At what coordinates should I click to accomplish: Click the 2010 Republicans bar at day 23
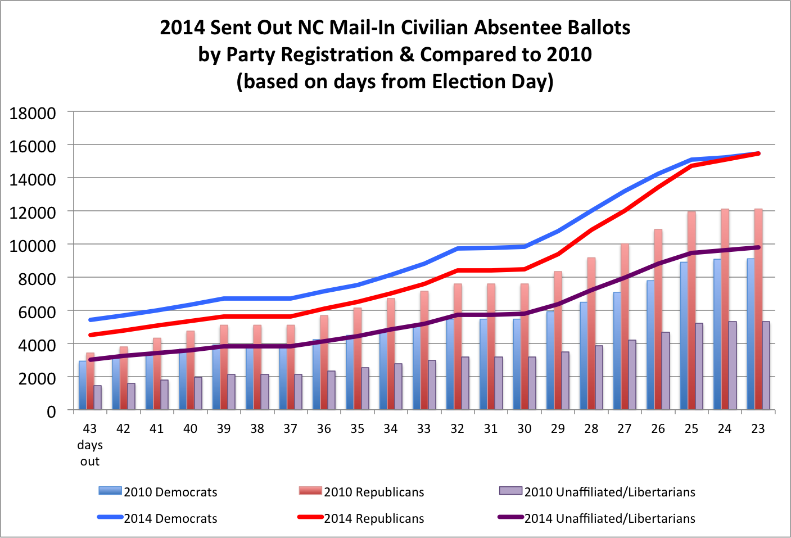pyautogui.click(x=758, y=309)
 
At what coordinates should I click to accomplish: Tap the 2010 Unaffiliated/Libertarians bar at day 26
pyautogui.click(x=666, y=371)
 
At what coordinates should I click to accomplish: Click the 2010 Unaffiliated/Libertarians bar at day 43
pyautogui.click(x=97, y=397)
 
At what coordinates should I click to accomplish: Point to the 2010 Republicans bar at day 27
pyautogui.click(x=625, y=326)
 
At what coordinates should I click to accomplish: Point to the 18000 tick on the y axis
pyautogui.click(x=33, y=113)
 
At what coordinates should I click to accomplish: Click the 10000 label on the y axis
pyautogui.click(x=33, y=246)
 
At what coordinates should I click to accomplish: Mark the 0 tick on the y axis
pyautogui.click(x=51, y=412)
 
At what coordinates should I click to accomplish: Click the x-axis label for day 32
pyautogui.click(x=457, y=428)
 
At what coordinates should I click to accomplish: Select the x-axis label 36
pyautogui.click(x=324, y=428)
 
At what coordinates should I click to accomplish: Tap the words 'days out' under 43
pyautogui.click(x=90, y=453)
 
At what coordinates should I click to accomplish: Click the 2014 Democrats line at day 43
pyautogui.click(x=90, y=320)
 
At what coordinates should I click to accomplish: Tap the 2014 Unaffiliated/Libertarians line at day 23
pyautogui.click(x=758, y=247)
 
